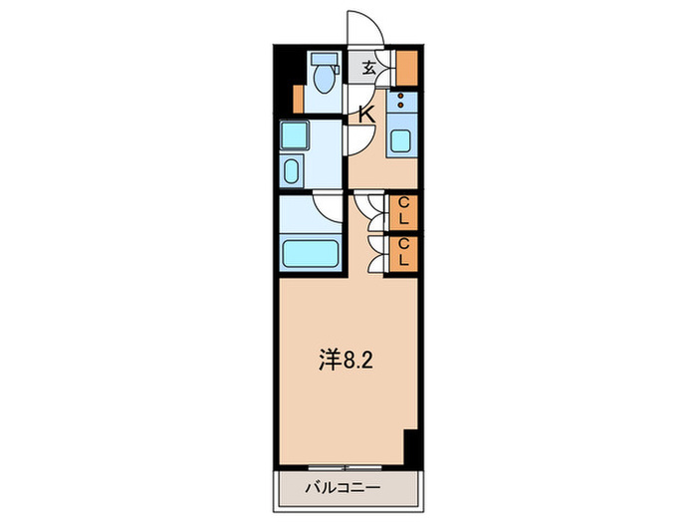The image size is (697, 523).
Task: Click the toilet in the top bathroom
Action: [x=322, y=77]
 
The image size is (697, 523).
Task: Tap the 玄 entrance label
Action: [x=368, y=68]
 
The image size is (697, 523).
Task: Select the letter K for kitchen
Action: [x=365, y=114]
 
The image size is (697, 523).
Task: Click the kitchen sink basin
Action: [x=400, y=139]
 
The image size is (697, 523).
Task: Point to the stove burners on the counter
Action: [x=402, y=101]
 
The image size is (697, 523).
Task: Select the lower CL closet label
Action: [x=404, y=252]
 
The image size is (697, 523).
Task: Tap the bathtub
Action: [x=312, y=252]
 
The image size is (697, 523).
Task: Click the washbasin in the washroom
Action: [x=292, y=170]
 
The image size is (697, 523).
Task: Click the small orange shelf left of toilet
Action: [x=297, y=98]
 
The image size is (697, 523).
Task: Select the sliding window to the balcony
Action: [x=343, y=466]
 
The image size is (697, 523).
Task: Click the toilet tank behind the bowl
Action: [x=321, y=59]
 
